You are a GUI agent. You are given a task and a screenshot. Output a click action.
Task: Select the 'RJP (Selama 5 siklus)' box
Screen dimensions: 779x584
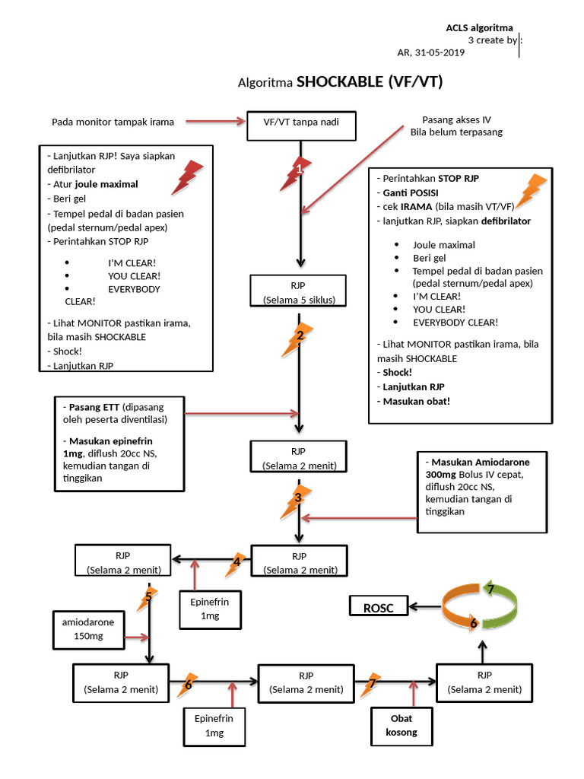pyautogui.click(x=298, y=292)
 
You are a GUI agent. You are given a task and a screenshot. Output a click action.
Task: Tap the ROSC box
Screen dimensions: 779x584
pyautogui.click(x=377, y=606)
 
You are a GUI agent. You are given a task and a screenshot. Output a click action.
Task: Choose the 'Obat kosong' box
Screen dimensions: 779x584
pyautogui.click(x=402, y=727)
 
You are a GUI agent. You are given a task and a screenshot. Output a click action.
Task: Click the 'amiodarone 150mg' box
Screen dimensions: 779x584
pyautogui.click(x=87, y=629)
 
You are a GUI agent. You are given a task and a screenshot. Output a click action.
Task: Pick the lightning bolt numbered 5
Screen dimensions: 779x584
pyautogui.click(x=148, y=598)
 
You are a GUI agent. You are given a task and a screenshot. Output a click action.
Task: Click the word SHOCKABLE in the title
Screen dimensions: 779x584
pyautogui.click(x=340, y=82)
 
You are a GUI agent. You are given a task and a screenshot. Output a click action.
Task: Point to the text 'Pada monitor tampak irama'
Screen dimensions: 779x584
pyautogui.click(x=113, y=122)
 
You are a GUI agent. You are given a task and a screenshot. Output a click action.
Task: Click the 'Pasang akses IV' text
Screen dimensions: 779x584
pyautogui.click(x=456, y=119)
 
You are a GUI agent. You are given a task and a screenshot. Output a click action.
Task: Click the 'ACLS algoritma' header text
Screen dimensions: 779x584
pyautogui.click(x=479, y=28)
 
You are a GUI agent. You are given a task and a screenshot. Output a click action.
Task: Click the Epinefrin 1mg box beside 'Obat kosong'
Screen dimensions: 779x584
pyautogui.click(x=214, y=725)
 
